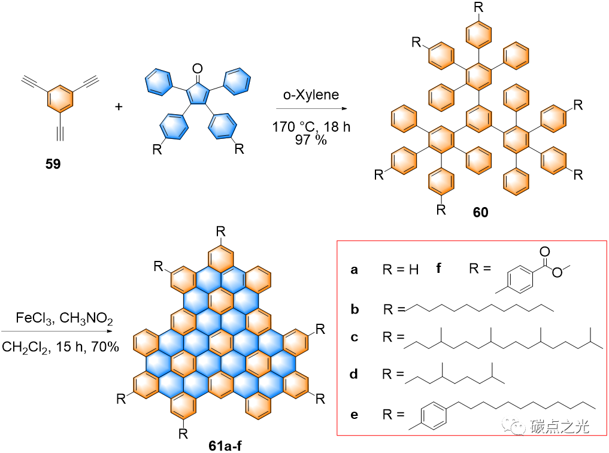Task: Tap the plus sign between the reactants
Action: click(119, 108)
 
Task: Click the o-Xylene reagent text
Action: click(311, 95)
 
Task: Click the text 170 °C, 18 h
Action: click(311, 127)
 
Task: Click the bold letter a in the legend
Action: click(355, 270)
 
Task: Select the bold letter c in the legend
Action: click(355, 337)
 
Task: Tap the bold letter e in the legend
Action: click(355, 414)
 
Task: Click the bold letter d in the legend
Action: click(355, 375)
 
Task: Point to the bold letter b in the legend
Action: click(355, 309)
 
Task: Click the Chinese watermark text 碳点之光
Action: click(560, 426)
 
